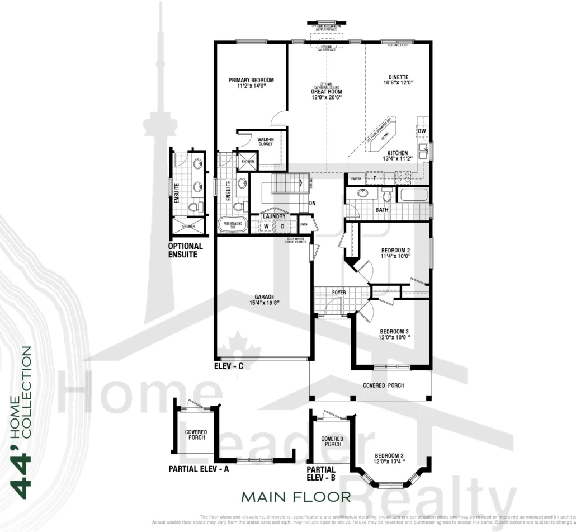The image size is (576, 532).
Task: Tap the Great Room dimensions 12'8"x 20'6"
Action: pos(327,97)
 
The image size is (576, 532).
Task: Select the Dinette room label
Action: pos(398,77)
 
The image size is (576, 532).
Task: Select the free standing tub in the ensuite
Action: pos(232,224)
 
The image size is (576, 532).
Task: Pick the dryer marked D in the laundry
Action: pos(282,226)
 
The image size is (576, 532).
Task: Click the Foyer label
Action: pos(339,293)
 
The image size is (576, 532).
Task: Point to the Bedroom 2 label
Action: pos(396,249)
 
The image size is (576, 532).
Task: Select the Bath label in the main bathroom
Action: pos(382,210)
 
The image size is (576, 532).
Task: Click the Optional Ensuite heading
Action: pos(186,250)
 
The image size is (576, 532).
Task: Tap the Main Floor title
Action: pos(296,496)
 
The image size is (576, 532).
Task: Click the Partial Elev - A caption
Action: pos(199,469)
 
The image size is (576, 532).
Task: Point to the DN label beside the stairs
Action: pos(312,203)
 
